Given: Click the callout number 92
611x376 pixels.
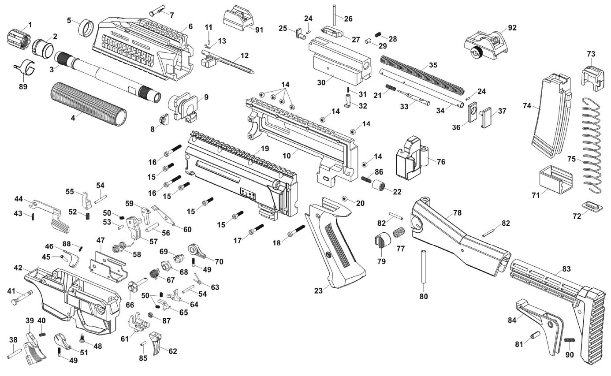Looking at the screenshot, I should pos(512,28).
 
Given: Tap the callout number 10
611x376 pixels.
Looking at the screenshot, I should pos(287,156).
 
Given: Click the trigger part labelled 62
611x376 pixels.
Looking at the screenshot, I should pos(156,342).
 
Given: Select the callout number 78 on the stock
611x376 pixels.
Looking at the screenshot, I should pos(457,213).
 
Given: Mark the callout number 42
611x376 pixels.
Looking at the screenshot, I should pos(18,268).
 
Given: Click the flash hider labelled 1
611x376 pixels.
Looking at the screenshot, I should pos(17,37).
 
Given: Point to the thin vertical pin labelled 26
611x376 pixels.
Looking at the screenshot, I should pos(335,14).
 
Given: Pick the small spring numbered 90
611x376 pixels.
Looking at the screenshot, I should pos(570,340).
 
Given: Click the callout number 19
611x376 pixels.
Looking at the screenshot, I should pos(264,149).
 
